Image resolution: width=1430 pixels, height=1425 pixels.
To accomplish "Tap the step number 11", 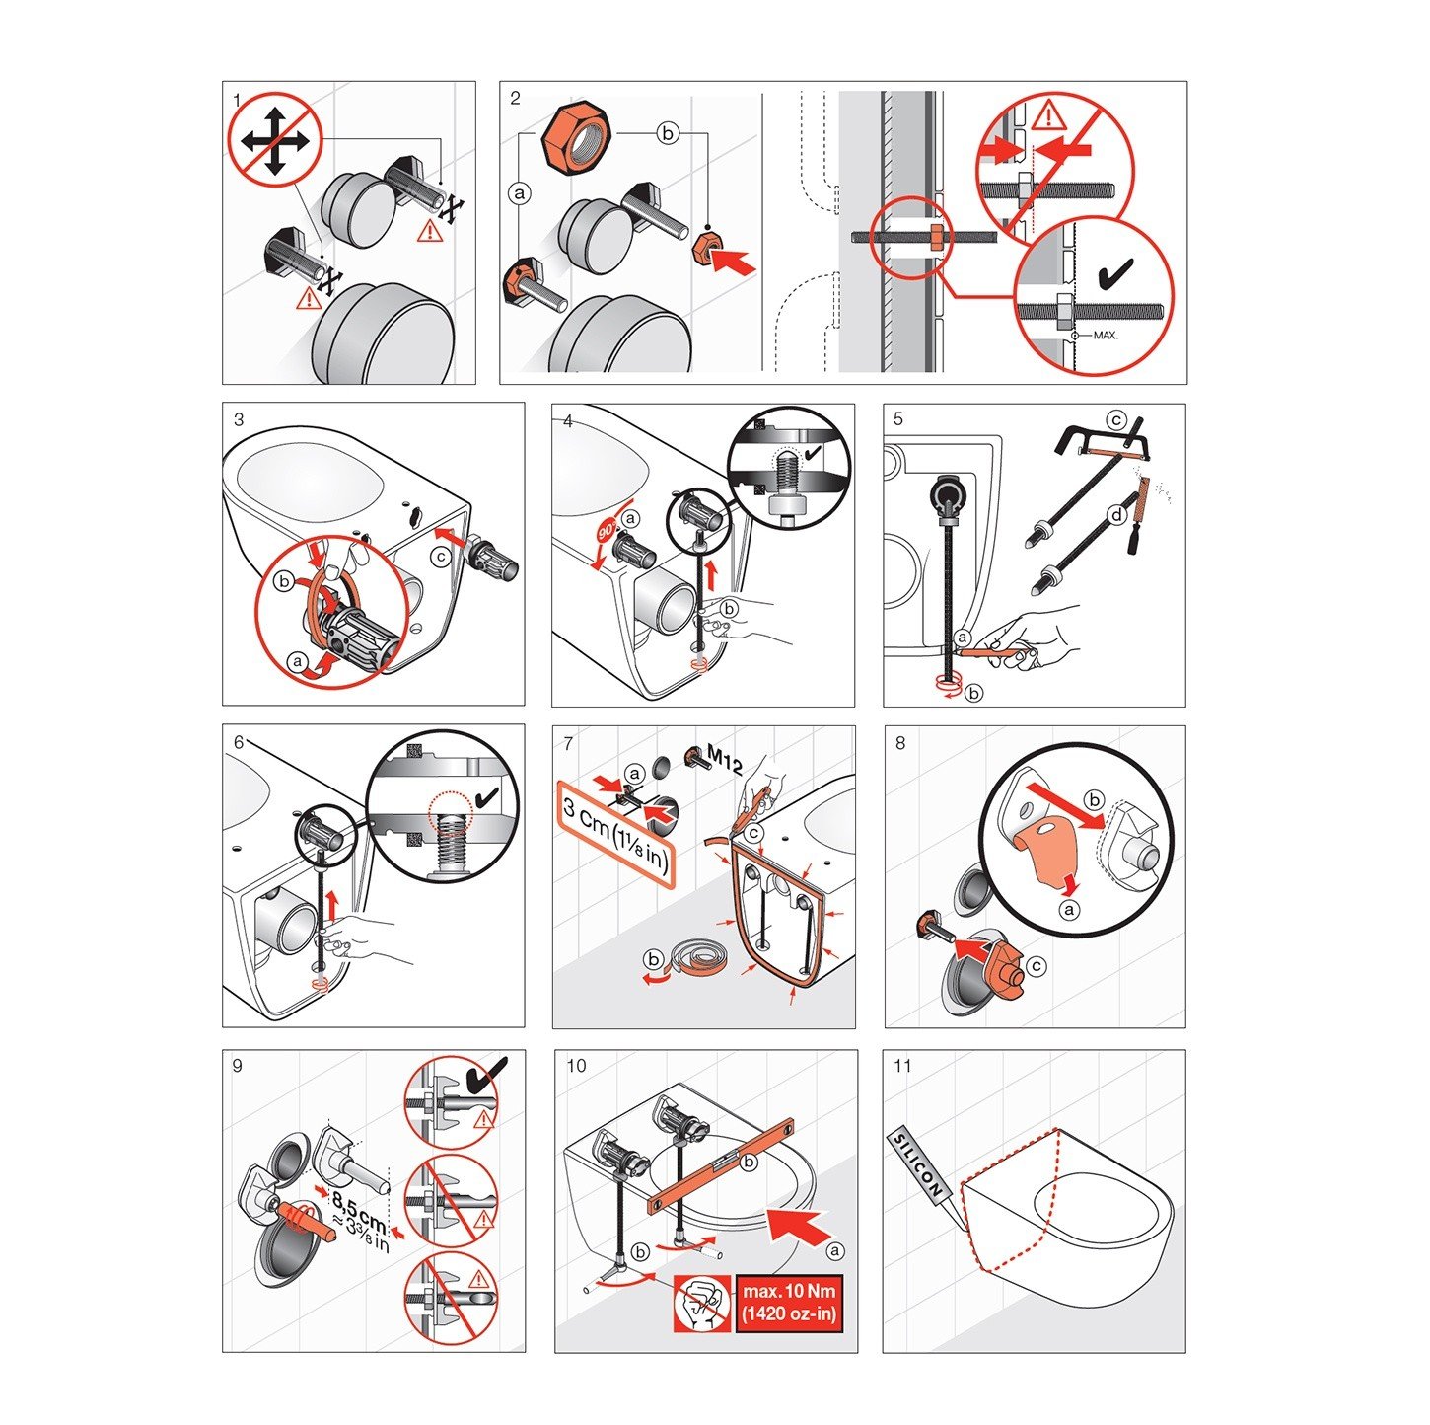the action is (901, 1066).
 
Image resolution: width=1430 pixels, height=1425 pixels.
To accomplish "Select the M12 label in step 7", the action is (724, 760).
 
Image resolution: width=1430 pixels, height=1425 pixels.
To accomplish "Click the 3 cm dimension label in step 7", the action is (616, 834).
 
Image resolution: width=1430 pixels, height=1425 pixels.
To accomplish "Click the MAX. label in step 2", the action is (1105, 335).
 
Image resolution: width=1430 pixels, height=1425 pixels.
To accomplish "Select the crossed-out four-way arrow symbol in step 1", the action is (274, 139).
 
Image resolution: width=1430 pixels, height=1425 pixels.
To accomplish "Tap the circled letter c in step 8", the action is (1036, 966).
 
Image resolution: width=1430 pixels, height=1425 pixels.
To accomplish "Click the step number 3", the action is (239, 419).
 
